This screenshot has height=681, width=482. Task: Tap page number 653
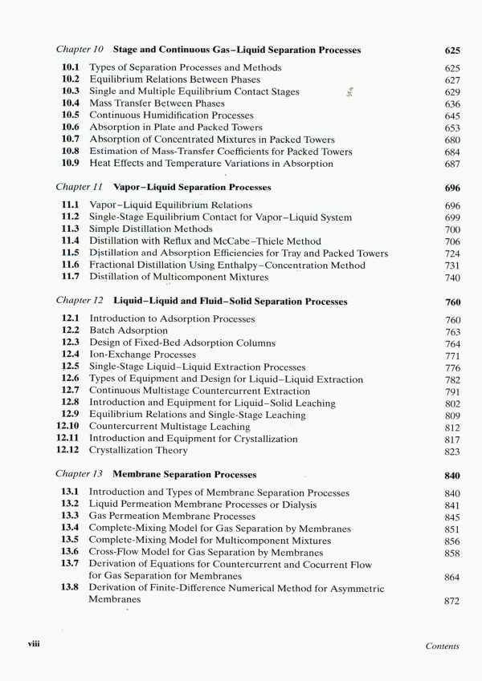click(x=451, y=128)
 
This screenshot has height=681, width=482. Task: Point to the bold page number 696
click(x=451, y=188)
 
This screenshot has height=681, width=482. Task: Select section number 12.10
click(x=68, y=427)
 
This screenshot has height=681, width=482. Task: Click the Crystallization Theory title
click(x=138, y=451)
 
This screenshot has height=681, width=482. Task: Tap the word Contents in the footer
click(x=442, y=646)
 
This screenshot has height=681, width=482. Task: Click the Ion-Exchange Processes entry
click(x=142, y=355)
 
